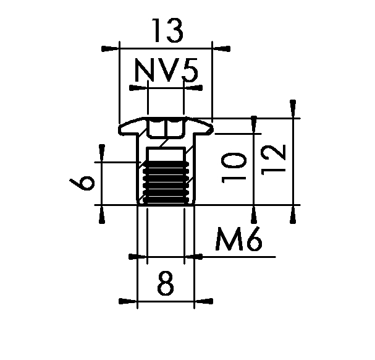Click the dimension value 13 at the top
pos(167,30)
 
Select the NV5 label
pos(166,70)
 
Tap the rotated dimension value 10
pos(234,168)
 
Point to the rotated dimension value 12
pos(273,160)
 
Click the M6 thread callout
pos(238,239)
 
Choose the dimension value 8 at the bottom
pos(166,283)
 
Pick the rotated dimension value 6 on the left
pos(82,182)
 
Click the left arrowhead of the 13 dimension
pos(110,49)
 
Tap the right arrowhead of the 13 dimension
pos(221,49)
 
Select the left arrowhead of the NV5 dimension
pos(138,88)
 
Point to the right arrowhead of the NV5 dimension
pos(193,88)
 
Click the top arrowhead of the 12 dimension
pos(293,109)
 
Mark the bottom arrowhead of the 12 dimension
pos(293,215)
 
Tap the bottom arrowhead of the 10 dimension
pos(253,215)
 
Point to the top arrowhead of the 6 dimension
pos(102,153)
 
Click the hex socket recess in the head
pos(166,128)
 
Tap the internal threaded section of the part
pos(166,182)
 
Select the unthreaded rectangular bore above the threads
pos(166,154)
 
